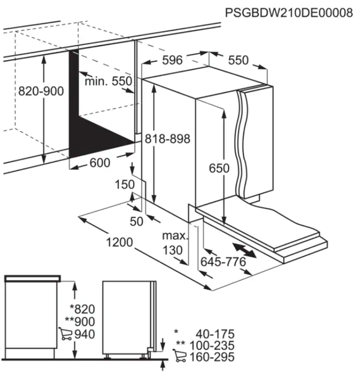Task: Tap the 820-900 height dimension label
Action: click(x=41, y=91)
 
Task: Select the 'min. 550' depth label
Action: click(x=108, y=81)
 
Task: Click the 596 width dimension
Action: click(x=172, y=60)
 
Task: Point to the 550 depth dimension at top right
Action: click(x=238, y=60)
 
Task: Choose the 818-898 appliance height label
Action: click(x=167, y=139)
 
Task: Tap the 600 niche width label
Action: click(x=99, y=163)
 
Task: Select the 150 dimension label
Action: click(x=124, y=184)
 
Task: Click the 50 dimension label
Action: click(x=137, y=220)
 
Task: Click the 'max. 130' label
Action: click(x=175, y=243)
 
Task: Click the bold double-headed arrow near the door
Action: click(x=244, y=249)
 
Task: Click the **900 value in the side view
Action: click(x=82, y=322)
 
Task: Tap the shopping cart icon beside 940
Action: click(x=65, y=334)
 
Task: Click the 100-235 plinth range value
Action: click(x=212, y=346)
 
